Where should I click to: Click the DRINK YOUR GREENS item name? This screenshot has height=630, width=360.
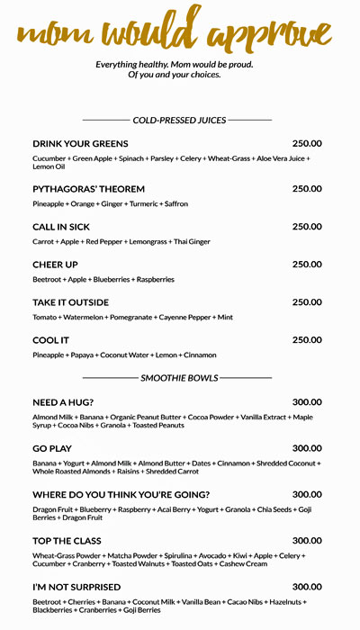80,144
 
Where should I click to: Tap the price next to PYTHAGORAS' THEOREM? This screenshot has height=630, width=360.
307,189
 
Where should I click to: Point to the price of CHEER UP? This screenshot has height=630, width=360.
307,265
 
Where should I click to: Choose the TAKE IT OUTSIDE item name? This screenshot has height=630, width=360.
70,302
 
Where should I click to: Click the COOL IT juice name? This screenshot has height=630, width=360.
51,340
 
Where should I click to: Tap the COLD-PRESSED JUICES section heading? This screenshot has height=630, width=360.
179,120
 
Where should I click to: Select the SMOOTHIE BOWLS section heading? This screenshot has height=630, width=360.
179,378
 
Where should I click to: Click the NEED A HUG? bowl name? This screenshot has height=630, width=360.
63,402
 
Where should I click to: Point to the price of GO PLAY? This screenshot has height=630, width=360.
307,448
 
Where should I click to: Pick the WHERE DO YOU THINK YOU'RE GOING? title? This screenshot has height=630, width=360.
121,495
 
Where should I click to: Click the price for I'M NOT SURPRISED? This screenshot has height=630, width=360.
307,587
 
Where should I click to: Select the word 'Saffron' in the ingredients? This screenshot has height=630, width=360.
175,204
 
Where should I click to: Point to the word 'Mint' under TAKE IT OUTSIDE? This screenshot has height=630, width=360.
225,318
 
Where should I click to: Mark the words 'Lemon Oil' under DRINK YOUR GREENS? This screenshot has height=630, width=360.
49,167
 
